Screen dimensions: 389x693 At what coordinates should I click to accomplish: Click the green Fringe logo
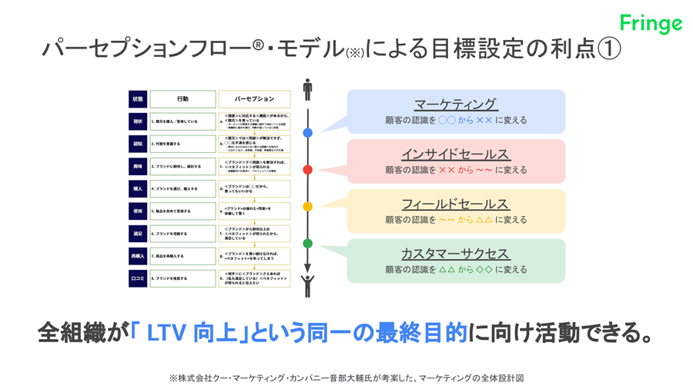coord(651,23)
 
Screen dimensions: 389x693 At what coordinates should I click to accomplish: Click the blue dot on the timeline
coord(307,133)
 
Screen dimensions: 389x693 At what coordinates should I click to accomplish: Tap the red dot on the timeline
coord(307,170)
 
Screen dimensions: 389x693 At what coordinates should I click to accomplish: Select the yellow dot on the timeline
coord(307,207)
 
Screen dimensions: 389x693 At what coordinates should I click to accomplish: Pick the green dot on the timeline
coord(307,244)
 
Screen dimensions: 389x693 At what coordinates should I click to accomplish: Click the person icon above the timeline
coord(307,89)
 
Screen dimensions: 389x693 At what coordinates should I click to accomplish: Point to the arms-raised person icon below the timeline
coord(307,285)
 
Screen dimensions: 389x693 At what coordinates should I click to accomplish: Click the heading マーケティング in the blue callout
coord(455,105)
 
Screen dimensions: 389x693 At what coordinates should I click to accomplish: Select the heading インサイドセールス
coord(455,155)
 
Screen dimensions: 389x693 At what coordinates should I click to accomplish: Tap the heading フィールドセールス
coord(455,204)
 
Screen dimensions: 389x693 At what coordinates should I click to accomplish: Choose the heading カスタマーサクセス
coord(455,254)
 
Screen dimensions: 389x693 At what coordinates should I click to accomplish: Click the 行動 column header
coord(182,99)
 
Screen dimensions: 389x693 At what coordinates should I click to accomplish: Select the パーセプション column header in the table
coord(254,99)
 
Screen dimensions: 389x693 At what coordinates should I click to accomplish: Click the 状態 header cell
coord(138,99)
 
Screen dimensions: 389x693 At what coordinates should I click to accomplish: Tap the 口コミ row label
coord(138,278)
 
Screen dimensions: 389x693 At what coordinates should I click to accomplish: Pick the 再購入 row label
coord(138,256)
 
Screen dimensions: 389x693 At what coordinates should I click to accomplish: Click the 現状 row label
coord(138,121)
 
